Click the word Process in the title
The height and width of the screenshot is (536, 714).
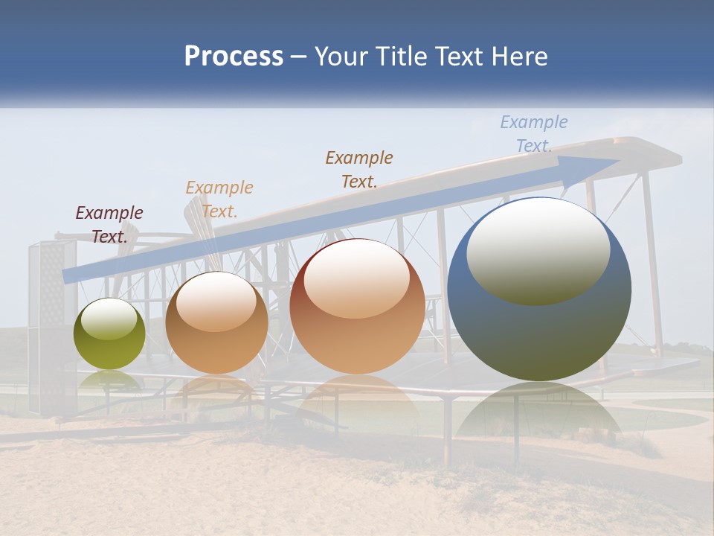pos(234,57)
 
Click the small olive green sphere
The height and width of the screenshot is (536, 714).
pos(109,334)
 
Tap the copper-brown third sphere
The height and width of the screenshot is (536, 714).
pos(357,307)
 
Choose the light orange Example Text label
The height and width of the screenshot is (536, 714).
pos(219,200)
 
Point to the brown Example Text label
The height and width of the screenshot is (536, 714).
pos(358,169)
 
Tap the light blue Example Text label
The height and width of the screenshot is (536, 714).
pos(533,134)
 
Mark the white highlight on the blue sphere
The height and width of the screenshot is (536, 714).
pos(538,249)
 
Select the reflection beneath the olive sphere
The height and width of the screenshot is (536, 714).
pos(109,381)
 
